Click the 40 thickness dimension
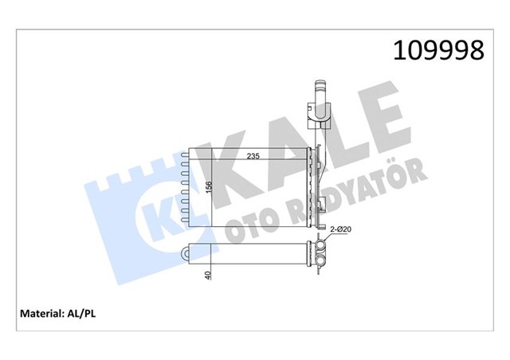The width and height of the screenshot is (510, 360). pyautogui.click(x=209, y=275)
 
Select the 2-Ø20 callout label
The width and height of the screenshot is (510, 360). pyautogui.click(x=341, y=229)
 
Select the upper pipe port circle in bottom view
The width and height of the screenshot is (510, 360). pyautogui.click(x=321, y=246)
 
